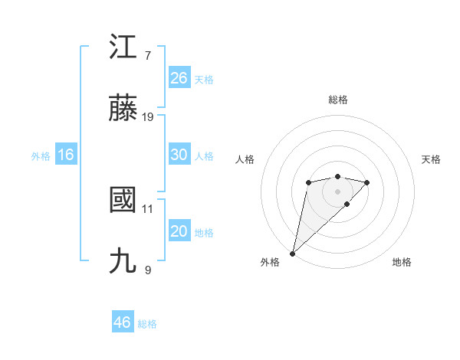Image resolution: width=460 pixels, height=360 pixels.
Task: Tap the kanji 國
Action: click(123, 201)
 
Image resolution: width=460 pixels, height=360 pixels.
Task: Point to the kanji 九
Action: click(123, 262)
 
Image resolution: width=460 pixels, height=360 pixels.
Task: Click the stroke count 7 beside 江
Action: click(148, 56)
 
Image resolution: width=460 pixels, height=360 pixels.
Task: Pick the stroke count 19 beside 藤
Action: click(148, 117)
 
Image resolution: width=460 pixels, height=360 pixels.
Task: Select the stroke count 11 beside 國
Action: click(148, 208)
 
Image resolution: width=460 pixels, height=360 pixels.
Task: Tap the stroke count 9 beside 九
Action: click(148, 270)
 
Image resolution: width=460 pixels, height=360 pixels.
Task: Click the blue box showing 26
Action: click(179, 78)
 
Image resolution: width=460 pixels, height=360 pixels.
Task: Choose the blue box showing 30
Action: click(179, 155)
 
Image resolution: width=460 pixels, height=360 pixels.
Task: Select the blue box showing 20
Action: click(179, 231)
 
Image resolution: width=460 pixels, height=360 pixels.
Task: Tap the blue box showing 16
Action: click(65, 155)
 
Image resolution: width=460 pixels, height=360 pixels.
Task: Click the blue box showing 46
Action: click(122, 322)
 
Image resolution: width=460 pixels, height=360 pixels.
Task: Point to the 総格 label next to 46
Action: click(147, 324)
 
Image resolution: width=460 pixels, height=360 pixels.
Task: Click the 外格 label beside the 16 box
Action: click(41, 155)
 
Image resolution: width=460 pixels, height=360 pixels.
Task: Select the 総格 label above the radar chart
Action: click(338, 100)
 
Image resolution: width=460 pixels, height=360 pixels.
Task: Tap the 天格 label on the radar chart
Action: click(432, 159)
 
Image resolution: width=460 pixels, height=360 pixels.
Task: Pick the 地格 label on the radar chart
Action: click(402, 262)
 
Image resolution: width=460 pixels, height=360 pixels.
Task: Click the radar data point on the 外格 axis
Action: click(292, 253)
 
